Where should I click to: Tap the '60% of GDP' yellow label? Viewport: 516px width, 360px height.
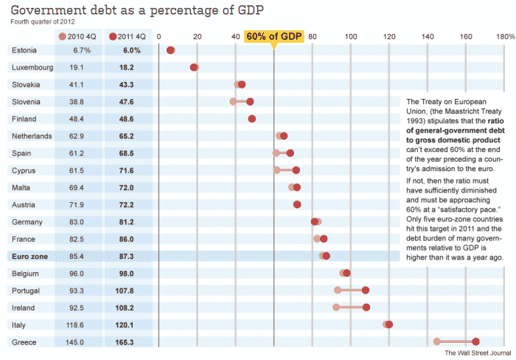[x=273, y=36]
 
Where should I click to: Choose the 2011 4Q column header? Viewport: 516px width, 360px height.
[x=128, y=36]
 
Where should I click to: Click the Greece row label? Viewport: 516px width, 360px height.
[x=24, y=342]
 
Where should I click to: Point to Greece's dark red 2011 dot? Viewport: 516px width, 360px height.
[x=475, y=342]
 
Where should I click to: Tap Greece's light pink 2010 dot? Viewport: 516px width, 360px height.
[x=437, y=342]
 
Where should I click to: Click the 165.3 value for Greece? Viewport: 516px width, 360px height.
[x=128, y=342]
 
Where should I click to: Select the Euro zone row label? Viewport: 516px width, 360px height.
[x=30, y=256]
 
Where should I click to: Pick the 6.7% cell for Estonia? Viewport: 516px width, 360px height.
[x=81, y=50]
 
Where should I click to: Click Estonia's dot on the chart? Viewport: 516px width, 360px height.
[x=171, y=50]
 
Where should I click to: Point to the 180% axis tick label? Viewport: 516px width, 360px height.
[x=505, y=36]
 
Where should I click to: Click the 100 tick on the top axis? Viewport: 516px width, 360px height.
[x=351, y=36]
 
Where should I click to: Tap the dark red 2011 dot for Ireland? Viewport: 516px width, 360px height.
[x=366, y=307]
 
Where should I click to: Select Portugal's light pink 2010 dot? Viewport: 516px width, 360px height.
[x=338, y=290]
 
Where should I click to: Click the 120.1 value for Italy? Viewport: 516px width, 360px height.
[x=128, y=325]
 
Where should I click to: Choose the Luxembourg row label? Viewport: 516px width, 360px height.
[x=32, y=67]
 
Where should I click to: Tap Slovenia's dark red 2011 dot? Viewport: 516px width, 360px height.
[x=250, y=101]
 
